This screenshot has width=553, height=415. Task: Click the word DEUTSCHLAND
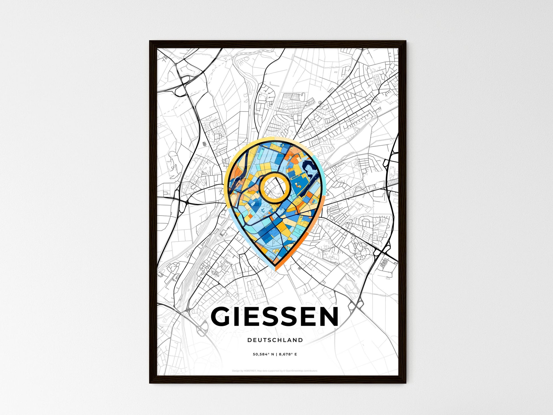[x=275, y=340]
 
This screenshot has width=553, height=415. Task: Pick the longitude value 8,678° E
[x=288, y=354]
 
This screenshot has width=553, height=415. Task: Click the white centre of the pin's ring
[x=275, y=187]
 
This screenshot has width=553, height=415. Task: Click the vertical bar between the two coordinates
[x=277, y=354]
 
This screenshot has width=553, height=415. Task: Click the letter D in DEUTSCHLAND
[x=249, y=340]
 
